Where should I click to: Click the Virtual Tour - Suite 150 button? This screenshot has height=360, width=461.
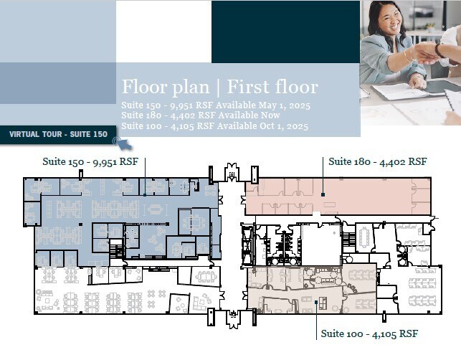pos(58,134)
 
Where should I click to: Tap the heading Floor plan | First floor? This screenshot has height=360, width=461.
pos(219,87)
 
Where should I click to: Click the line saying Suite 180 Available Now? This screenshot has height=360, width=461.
pos(195,116)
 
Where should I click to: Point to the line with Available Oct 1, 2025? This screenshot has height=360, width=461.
pos(214,126)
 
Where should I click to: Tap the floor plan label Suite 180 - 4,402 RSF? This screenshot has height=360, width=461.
pos(377,161)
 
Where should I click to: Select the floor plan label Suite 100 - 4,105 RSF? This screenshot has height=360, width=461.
pos(369,333)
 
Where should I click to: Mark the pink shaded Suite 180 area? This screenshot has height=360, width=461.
pos(337,195)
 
